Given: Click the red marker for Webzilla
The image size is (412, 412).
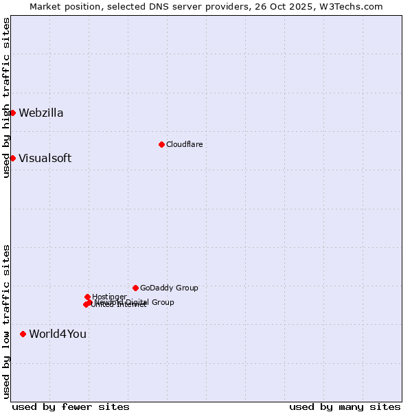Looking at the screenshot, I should tap(12, 113).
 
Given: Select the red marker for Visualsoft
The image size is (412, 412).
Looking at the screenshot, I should tap(12, 158).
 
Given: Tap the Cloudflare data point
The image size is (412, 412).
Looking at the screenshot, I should tap(161, 144).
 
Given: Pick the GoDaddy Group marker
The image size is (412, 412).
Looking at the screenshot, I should tap(135, 288).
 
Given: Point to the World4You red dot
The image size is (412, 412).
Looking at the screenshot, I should tap(23, 334).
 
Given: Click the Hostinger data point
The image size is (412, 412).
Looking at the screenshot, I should tap(87, 297).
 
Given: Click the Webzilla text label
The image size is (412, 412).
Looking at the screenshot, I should tap(41, 113).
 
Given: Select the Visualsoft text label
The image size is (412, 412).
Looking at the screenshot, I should tap(45, 159).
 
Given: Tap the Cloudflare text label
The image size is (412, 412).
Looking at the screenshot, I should tap(184, 144).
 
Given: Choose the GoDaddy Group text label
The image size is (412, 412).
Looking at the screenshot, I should tap(169, 288).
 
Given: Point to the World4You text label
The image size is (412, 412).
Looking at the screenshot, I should tap(58, 334).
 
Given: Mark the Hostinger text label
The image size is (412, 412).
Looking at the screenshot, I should tap(109, 297).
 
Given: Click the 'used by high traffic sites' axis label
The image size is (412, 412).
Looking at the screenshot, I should tap(7, 98).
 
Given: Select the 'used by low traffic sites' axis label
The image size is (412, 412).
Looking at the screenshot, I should tap(7, 321).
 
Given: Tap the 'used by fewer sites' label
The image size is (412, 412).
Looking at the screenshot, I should tap(71, 407).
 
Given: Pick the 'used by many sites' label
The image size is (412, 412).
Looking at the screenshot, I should tap(345, 407).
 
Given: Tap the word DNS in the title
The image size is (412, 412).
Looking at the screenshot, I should tap(162, 7).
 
